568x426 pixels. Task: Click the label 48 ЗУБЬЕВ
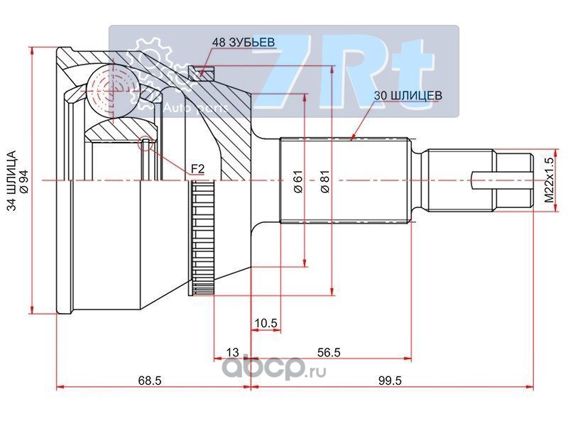coord(243,43)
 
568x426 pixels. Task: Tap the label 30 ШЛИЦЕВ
coord(408,96)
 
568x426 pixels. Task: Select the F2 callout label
coord(198,168)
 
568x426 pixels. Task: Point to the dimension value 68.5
coord(150,381)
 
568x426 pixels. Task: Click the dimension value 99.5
coord(390,381)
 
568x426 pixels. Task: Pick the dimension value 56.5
coord(329,352)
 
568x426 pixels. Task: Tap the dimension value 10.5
coord(266,323)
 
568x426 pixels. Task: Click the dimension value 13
coord(232,352)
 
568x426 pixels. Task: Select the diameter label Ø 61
coord(298,181)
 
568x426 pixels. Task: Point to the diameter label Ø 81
coord(325,181)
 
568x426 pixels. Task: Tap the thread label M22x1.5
coord(550,180)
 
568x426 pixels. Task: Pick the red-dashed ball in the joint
coord(113,89)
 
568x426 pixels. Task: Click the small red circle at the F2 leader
coord(146,143)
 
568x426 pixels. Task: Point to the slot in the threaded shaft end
coord(502,180)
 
